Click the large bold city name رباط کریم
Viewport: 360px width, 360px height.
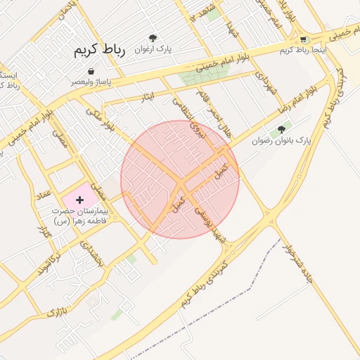point(98,51)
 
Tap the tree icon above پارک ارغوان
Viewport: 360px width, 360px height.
point(153,38)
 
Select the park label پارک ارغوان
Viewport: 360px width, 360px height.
point(154,49)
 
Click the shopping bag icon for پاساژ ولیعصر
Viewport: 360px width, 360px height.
point(91,71)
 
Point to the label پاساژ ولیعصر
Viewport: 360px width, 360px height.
point(92,82)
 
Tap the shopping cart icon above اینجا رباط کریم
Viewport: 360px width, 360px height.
point(303,39)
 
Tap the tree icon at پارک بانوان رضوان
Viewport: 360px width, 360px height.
point(282,129)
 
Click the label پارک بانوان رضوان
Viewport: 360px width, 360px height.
point(282,141)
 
